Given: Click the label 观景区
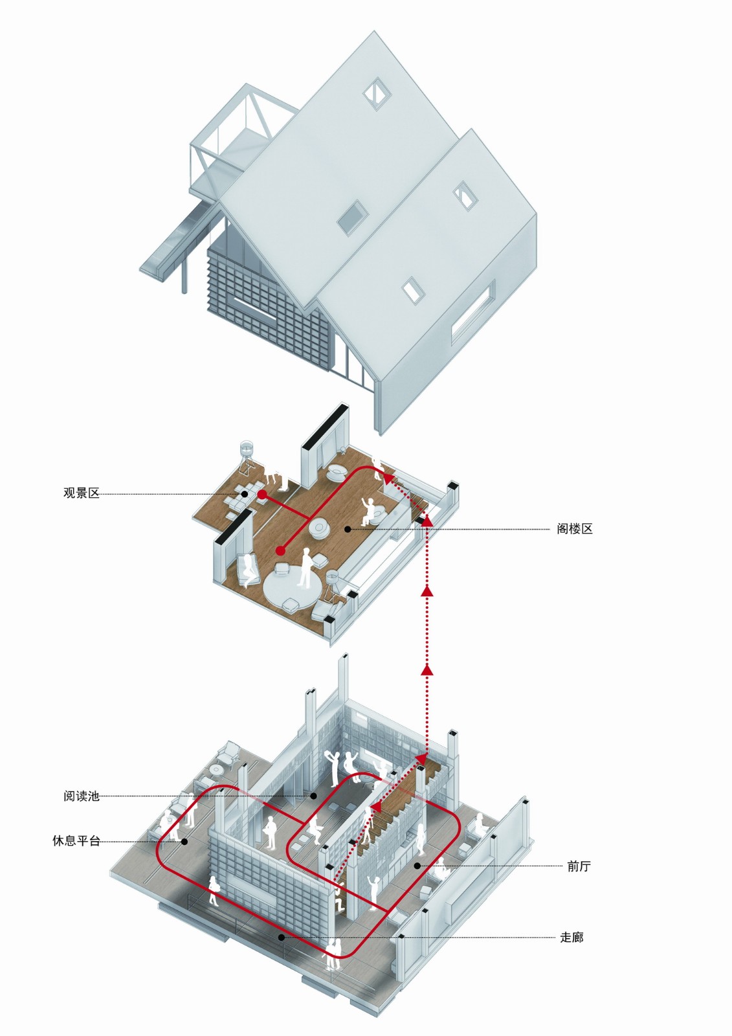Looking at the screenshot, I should click(x=82, y=493).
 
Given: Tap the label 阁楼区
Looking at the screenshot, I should click(x=574, y=529).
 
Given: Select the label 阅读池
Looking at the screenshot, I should click(x=82, y=796).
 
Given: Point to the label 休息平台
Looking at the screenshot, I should click(x=76, y=841).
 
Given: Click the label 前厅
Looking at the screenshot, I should click(x=579, y=866).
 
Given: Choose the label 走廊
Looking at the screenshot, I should click(x=571, y=937).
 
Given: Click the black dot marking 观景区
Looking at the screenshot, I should click(x=245, y=493).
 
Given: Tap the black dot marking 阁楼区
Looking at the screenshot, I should click(x=348, y=529).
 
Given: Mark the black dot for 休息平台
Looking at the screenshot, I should click(x=184, y=842).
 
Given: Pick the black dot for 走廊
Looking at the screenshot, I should click(x=281, y=937).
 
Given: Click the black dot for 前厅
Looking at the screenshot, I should click(x=417, y=866).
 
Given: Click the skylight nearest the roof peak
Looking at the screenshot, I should click(x=375, y=93).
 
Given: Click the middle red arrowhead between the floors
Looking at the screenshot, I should click(x=427, y=590).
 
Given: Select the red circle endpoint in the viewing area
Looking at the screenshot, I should click(x=262, y=495).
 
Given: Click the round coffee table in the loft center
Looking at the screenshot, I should click(x=320, y=528).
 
